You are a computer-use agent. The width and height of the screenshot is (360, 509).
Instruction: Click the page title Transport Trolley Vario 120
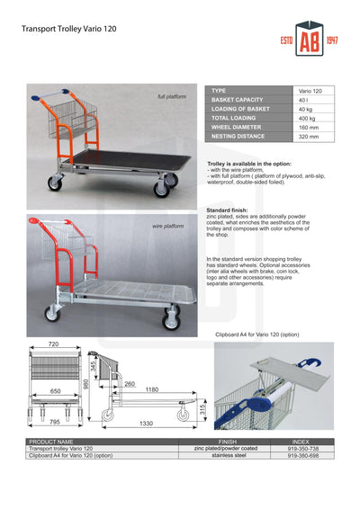point(69,30)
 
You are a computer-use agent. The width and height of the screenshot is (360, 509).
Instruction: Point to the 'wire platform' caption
point(167,227)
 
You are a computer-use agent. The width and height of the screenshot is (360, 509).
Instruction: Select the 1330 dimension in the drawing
point(147,424)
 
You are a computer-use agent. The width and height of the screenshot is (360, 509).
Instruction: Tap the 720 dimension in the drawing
point(53,345)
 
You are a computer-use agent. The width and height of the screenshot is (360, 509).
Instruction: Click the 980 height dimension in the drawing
point(86,385)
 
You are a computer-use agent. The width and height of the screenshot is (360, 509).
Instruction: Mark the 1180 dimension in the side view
point(151,390)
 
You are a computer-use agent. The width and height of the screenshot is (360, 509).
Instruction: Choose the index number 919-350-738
point(302,448)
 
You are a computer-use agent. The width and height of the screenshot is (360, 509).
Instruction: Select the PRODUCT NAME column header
point(51,442)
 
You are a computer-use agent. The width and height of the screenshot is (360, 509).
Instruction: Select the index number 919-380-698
point(302,456)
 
